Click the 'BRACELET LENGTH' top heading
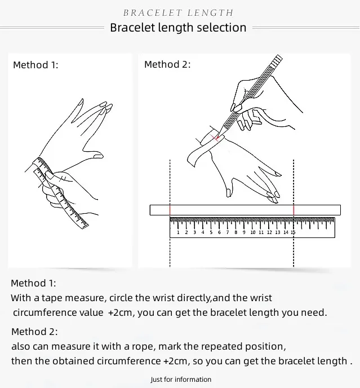point(178,13)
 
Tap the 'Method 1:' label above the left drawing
point(35,65)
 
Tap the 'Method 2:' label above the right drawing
point(167,64)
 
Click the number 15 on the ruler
point(293,232)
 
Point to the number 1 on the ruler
point(178,232)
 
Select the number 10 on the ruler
point(253,232)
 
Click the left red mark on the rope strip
point(170,210)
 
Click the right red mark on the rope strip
point(293,210)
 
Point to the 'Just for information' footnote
point(181,380)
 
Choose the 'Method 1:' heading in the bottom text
point(33,283)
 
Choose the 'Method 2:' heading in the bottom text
point(34,332)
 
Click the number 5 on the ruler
point(211,232)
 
